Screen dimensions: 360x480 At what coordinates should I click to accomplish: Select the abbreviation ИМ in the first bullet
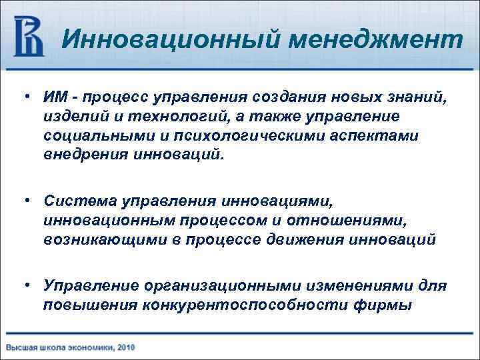[x=54, y=99]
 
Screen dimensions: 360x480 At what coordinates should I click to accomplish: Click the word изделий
[x=71, y=117]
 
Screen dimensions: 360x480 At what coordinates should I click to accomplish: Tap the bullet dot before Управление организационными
[x=26, y=285]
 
